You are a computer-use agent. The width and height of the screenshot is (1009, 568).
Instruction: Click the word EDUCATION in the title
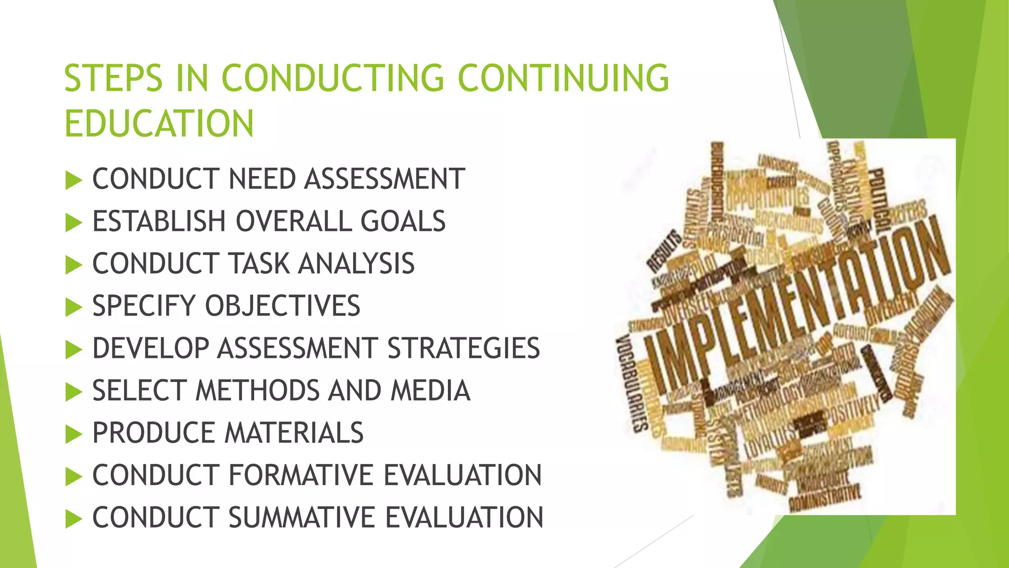159,123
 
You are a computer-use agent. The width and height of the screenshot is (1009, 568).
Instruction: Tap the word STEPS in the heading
113,78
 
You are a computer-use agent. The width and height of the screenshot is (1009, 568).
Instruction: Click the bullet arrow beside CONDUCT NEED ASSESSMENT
73,180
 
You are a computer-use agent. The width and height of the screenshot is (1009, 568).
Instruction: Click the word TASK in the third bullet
260,263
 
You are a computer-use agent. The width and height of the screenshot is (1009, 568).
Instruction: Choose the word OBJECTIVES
282,306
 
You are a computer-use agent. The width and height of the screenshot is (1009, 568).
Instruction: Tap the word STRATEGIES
464,348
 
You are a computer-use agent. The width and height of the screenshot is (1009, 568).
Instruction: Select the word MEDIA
430,390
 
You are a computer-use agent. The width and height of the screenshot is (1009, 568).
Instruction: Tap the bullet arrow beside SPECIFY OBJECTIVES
73,308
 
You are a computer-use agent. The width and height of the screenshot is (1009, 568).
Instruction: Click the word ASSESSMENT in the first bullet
384,178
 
